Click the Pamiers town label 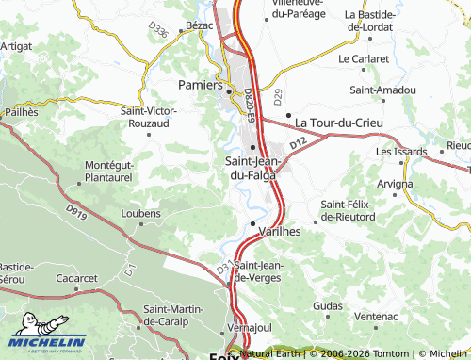pos(199,85)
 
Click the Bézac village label pos(200,25)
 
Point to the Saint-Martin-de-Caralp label pos(182,316)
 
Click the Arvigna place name pos(394,183)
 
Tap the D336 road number pos(159,32)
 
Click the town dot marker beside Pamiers pos(229,90)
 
